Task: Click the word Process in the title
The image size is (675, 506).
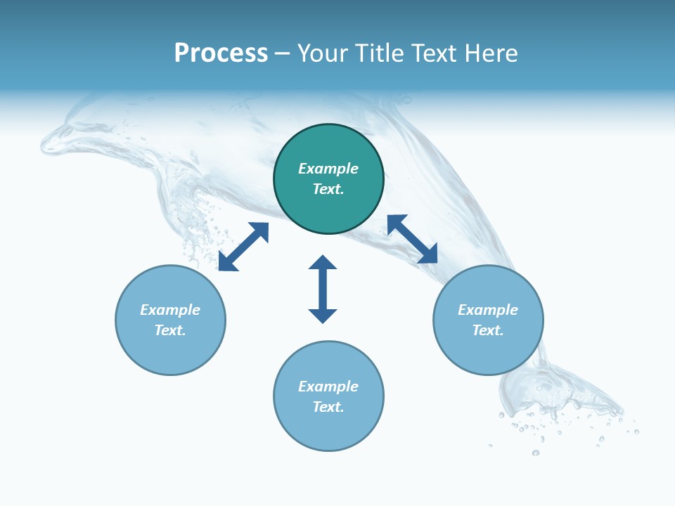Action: (221, 53)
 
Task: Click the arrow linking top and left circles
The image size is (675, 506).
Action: (243, 247)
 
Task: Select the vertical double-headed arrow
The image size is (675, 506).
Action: (323, 289)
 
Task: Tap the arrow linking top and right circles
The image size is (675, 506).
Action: (412, 239)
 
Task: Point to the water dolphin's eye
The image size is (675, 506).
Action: (67, 131)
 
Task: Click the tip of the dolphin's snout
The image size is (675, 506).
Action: (44, 148)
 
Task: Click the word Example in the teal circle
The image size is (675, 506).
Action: (328, 169)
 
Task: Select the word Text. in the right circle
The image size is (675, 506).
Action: (488, 330)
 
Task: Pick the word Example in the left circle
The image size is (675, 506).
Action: (170, 310)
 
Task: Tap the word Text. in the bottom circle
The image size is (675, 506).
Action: (328, 407)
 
